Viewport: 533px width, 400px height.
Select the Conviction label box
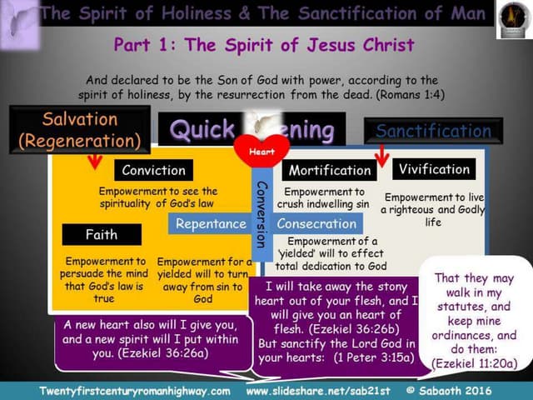[x=154, y=170]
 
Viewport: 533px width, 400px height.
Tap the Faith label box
[x=101, y=234]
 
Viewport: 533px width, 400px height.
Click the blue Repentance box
[x=210, y=223]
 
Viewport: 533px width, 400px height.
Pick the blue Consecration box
[x=316, y=223]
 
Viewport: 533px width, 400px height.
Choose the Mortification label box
[x=329, y=170]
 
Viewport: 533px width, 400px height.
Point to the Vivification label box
[x=434, y=168]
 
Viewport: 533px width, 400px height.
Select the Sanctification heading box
[x=433, y=131]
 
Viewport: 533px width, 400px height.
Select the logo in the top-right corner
[x=511, y=18]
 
